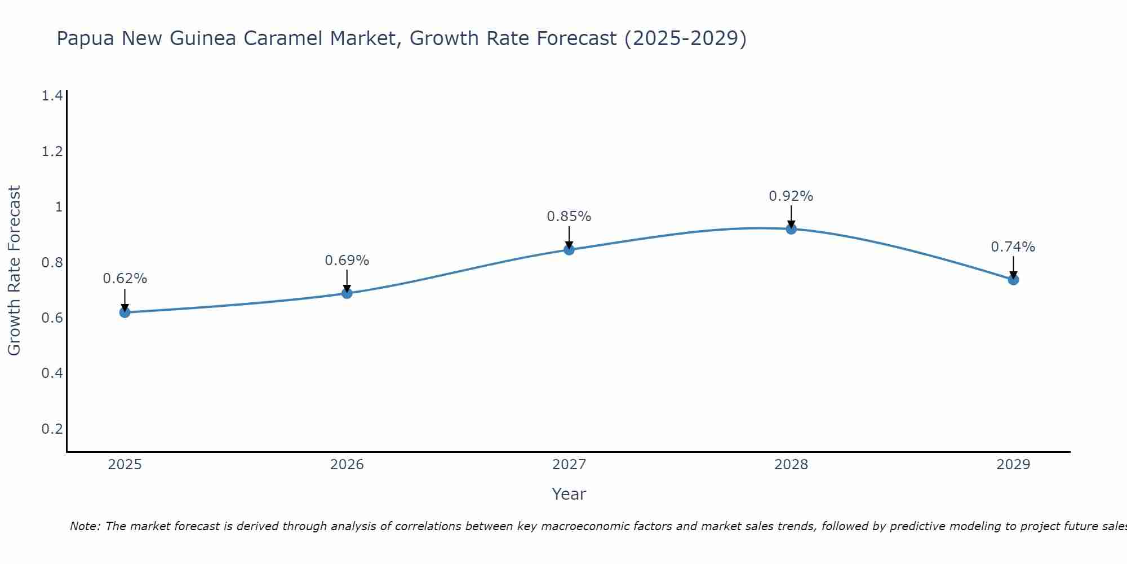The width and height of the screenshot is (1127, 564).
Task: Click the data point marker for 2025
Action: pyautogui.click(x=125, y=312)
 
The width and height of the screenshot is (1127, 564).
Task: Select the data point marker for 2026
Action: pyautogui.click(x=347, y=293)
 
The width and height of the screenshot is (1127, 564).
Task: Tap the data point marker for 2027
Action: pyautogui.click(x=569, y=249)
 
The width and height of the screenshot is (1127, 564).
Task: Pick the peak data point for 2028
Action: pyautogui.click(x=791, y=228)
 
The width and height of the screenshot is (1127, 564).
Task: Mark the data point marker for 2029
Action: pyautogui.click(x=1013, y=279)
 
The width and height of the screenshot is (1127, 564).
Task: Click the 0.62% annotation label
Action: pyautogui.click(x=125, y=278)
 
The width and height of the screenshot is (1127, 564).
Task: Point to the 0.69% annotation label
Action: pyautogui.click(x=347, y=260)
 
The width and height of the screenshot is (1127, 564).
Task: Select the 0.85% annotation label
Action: pyautogui.click(x=569, y=216)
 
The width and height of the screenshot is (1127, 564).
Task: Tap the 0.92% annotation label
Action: pyautogui.click(x=791, y=196)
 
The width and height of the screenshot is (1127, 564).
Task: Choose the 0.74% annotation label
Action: pyautogui.click(x=1013, y=246)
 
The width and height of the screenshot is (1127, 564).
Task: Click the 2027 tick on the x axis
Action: pyautogui.click(x=569, y=465)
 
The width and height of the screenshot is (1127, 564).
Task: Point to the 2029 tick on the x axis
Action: pyautogui.click(x=1013, y=465)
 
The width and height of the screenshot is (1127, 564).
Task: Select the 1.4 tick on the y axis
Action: pyautogui.click(x=52, y=96)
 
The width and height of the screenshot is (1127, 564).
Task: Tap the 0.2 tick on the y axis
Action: pyautogui.click(x=52, y=429)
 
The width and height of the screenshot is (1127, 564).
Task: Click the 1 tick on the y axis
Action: pyautogui.click(x=58, y=207)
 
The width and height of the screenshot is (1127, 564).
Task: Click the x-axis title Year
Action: pyautogui.click(x=569, y=494)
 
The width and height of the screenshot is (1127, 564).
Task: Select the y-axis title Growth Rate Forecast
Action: pyautogui.click(x=14, y=271)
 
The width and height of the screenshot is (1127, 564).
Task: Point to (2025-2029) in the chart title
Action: pyautogui.click(x=685, y=38)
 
